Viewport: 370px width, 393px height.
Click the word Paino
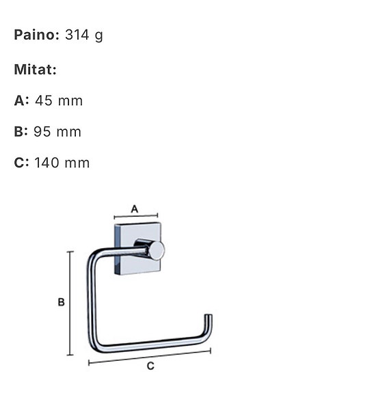36,35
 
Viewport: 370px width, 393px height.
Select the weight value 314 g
83,35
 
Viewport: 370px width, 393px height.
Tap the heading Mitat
35,69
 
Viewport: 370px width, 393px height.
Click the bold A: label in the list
22,100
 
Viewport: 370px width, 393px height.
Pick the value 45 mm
58,100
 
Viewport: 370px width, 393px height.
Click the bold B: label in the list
22,132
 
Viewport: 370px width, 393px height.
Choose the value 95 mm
57,132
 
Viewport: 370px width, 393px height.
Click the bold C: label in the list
22,163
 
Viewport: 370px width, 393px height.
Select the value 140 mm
62,163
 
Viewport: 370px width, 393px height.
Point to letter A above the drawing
134,208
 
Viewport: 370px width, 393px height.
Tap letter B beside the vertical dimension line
61,302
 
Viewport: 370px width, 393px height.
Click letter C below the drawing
150,366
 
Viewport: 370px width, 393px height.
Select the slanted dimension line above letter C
150,356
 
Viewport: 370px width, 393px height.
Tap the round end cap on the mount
157,250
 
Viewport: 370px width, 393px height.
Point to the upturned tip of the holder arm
209,320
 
